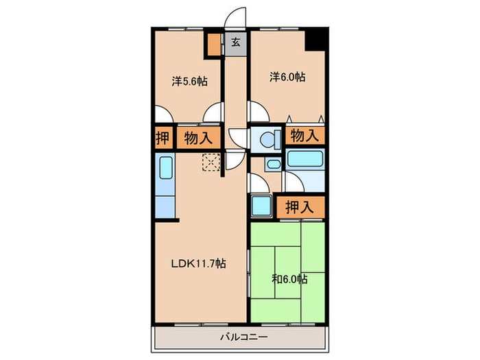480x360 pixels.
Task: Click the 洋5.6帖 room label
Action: coord(189,82)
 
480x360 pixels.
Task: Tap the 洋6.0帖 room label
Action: coord(287,77)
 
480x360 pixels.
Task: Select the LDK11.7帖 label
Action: coord(198,263)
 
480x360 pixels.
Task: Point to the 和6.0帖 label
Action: coord(289,279)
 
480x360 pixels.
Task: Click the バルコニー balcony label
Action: coord(244,337)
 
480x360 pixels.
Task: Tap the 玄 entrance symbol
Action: coord(235,42)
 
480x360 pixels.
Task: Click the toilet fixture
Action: coord(271,140)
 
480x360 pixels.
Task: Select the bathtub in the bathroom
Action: coord(306,159)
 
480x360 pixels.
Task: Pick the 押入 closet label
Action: coord(300,207)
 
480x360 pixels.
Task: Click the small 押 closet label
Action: coord(163,138)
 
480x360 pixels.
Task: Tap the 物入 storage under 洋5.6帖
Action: coord(198,139)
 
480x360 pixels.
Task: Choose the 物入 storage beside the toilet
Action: coord(304,135)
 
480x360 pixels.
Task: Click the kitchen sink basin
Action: coord(166,167)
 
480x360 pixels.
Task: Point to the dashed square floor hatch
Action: coord(211,162)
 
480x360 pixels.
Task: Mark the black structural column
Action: coord(316,38)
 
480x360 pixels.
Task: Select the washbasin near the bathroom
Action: coord(273,164)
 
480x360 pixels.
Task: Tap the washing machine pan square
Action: coord(261,206)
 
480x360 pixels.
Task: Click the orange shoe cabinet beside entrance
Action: coord(214,45)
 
